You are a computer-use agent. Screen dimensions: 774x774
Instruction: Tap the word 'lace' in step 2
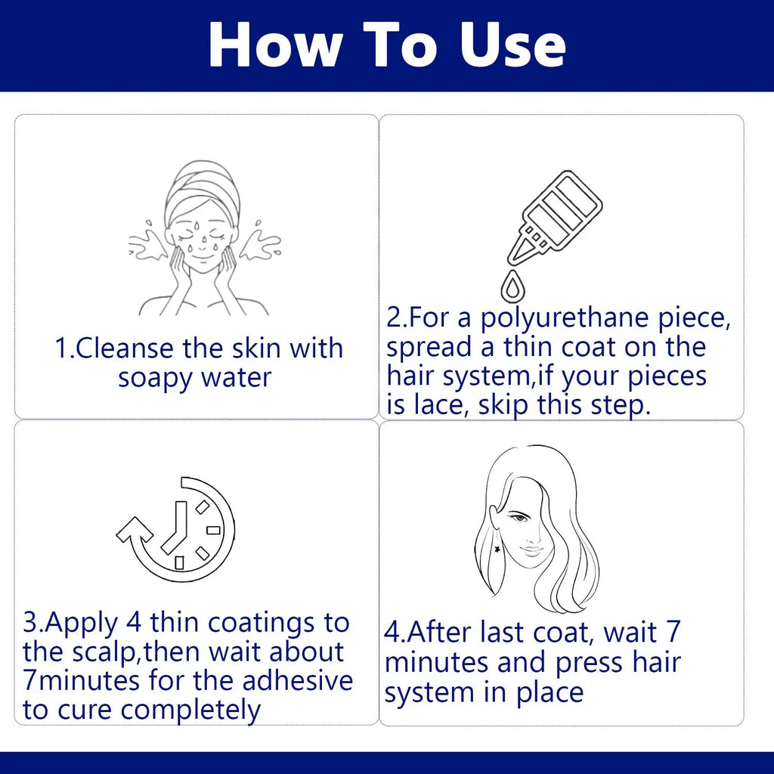coord(435,405)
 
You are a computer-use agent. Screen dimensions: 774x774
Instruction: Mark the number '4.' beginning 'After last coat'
coord(395,633)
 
